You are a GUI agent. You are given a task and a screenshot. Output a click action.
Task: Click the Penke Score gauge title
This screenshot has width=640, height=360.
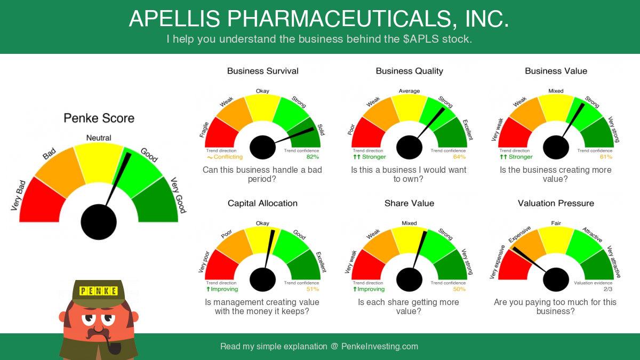(x=99, y=118)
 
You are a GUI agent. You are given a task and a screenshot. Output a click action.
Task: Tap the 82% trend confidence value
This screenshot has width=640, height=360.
(x=313, y=157)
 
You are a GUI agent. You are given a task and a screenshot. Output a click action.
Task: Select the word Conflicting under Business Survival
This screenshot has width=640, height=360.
(x=228, y=157)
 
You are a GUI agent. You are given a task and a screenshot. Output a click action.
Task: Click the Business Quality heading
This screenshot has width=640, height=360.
(x=410, y=71)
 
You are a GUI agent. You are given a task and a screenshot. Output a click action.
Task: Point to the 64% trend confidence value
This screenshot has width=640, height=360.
(x=459, y=157)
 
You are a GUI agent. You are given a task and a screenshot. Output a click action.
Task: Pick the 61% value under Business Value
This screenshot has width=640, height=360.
(x=606, y=157)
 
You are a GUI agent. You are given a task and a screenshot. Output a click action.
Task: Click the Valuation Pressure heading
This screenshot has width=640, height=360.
(x=556, y=203)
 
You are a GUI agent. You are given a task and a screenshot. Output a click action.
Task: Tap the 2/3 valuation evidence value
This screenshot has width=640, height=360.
(x=608, y=289)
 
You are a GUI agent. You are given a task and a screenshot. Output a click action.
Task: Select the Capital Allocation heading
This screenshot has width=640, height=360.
(x=262, y=203)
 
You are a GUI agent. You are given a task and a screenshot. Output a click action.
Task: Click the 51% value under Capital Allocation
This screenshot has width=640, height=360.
(x=313, y=289)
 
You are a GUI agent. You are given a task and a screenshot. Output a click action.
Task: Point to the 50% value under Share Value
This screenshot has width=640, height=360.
(x=459, y=289)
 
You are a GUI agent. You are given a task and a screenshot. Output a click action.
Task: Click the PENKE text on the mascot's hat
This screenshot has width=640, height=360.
(x=99, y=291)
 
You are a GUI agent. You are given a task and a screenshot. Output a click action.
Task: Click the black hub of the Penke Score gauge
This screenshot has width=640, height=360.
(x=99, y=222)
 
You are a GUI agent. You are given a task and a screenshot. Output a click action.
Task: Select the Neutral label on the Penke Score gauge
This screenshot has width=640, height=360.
(x=99, y=138)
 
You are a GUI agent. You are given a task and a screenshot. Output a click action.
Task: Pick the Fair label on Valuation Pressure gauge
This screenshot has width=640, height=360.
(x=556, y=223)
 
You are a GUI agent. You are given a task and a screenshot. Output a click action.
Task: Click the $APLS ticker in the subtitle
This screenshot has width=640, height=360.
(x=421, y=39)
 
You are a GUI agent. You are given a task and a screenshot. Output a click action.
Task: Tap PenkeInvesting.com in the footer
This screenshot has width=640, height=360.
(x=380, y=347)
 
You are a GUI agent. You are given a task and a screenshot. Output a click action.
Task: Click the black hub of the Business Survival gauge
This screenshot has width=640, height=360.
(x=262, y=147)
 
